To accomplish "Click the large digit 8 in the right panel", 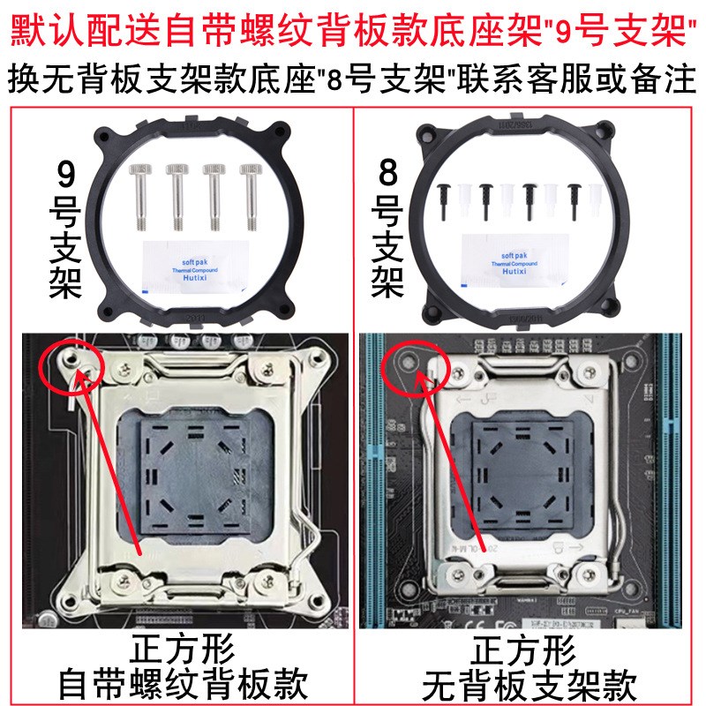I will (x=389, y=174).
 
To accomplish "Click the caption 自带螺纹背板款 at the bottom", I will (x=183, y=683).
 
